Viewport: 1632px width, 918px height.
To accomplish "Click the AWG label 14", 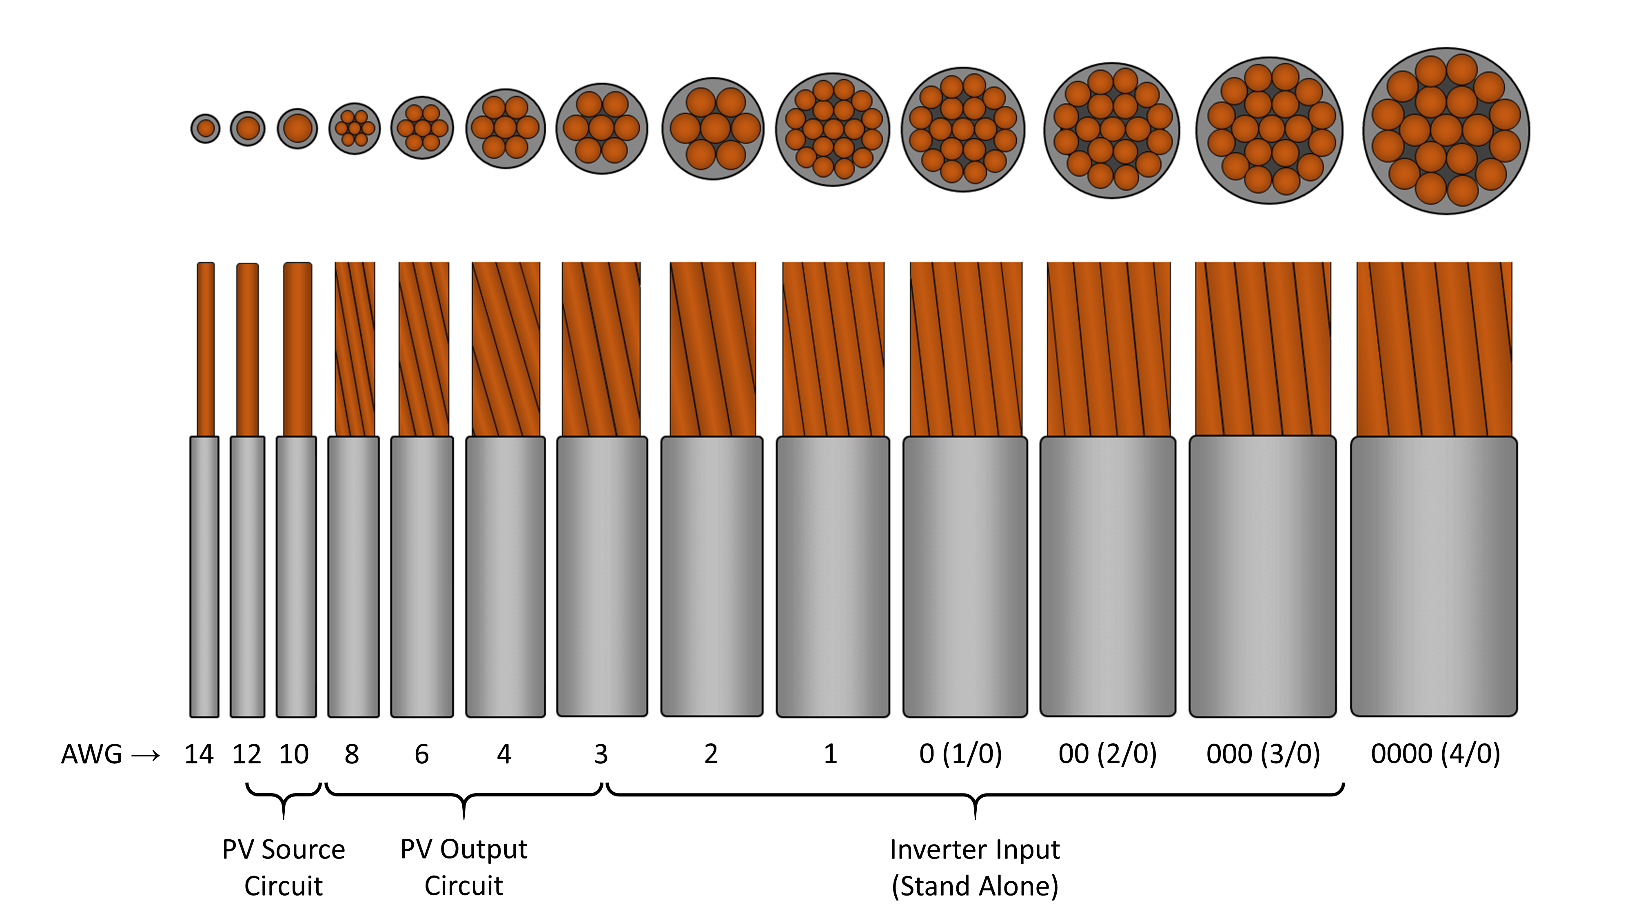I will (x=199, y=754).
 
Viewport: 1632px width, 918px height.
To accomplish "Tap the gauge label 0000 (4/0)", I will (x=1435, y=754).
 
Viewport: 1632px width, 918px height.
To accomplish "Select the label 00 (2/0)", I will (x=1107, y=754).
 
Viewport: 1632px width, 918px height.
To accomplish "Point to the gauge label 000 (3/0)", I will (x=1263, y=754).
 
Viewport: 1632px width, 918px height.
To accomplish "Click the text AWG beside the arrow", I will (x=91, y=754).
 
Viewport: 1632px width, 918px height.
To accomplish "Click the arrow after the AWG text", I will (x=146, y=756).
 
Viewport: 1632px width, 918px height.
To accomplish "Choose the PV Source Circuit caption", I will (x=283, y=867).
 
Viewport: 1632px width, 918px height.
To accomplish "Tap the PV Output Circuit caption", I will (x=464, y=867).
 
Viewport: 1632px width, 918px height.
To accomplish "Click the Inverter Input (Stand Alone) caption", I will (x=974, y=867).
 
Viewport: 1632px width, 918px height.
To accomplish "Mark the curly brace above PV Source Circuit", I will (x=283, y=796).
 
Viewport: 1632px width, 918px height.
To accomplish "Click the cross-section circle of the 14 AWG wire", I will (x=205, y=129).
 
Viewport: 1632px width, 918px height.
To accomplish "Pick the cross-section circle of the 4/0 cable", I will (x=1446, y=131).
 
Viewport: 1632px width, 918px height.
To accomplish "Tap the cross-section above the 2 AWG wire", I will (x=713, y=129).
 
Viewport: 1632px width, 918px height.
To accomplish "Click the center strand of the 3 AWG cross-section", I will (x=601, y=128).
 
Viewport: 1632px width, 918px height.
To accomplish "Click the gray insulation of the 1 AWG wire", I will (x=832, y=577).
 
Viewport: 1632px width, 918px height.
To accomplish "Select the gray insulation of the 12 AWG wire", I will (x=247, y=577).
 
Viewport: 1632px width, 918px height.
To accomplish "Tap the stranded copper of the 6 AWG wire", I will (x=423, y=348).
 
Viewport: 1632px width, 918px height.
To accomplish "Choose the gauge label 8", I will (x=352, y=754).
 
